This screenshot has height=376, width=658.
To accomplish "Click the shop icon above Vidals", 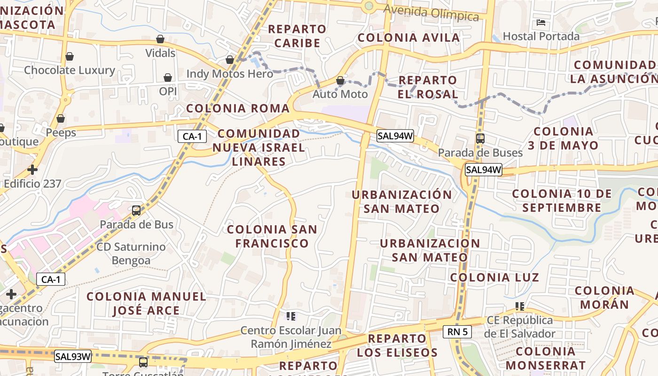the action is click(160, 39).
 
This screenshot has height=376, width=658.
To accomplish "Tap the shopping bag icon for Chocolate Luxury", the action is click(70, 56).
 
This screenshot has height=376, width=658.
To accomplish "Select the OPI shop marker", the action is click(168, 78).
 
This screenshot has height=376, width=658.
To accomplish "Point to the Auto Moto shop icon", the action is click(340, 80).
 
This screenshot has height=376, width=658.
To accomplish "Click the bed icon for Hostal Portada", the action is click(541, 22).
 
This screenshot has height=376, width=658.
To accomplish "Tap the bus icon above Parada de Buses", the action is click(480, 138).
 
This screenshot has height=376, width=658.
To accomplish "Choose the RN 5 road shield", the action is click(457, 332).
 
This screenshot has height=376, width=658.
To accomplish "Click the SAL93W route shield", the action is click(73, 356).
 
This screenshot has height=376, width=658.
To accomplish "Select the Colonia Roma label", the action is click(238, 108).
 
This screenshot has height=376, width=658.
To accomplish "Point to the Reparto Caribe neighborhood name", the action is click(297, 36).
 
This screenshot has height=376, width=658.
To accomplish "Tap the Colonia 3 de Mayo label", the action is click(563, 138).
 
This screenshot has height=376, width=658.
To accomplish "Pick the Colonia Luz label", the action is click(494, 277).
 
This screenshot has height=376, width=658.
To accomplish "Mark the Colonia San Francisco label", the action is click(272, 236).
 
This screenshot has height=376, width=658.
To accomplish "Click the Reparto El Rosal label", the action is click(428, 87).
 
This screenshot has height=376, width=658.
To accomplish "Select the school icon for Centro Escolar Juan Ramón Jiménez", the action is click(291, 316).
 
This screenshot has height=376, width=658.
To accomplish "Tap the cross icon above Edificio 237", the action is click(32, 169).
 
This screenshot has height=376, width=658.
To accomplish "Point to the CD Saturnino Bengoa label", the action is click(131, 253).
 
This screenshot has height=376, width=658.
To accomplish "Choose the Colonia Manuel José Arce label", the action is click(146, 303).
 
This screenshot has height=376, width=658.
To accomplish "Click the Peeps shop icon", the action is click(61, 118).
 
